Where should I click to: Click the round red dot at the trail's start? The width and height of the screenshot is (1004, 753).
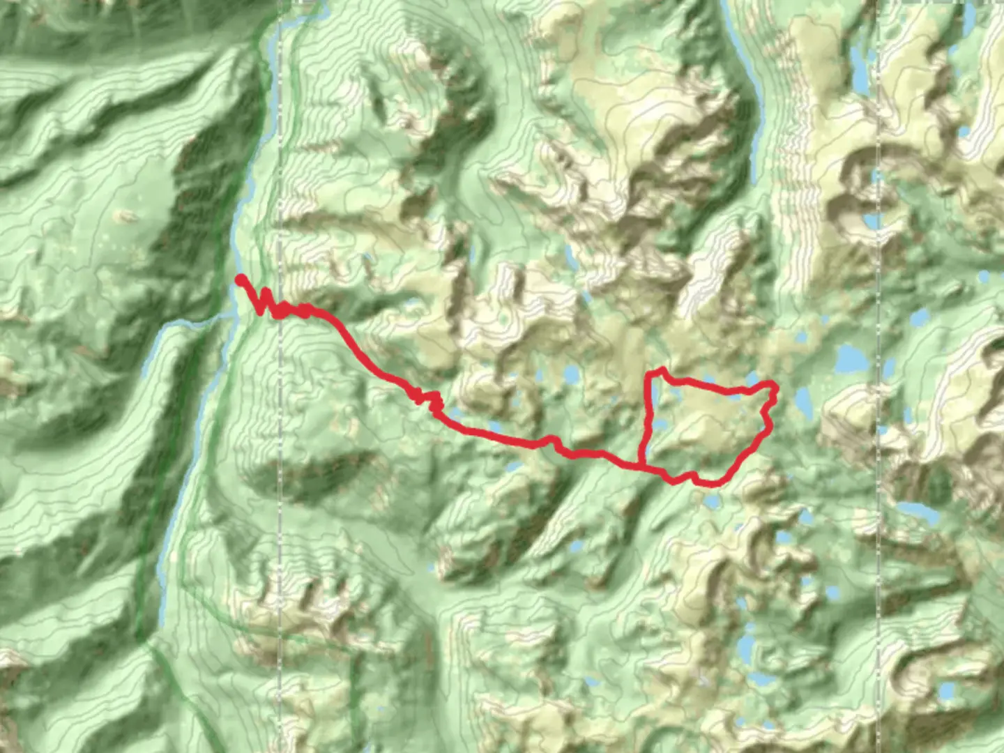[x=240, y=280]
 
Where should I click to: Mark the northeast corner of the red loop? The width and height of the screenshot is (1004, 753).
[x=773, y=385]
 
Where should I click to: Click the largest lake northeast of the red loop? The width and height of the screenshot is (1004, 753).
[x=851, y=359]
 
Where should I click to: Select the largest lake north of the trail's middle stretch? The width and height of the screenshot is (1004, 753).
[x=572, y=375]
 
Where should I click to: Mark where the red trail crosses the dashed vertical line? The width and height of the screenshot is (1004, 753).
[x=280, y=308]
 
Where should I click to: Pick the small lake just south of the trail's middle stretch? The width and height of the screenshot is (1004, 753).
[x=512, y=466]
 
